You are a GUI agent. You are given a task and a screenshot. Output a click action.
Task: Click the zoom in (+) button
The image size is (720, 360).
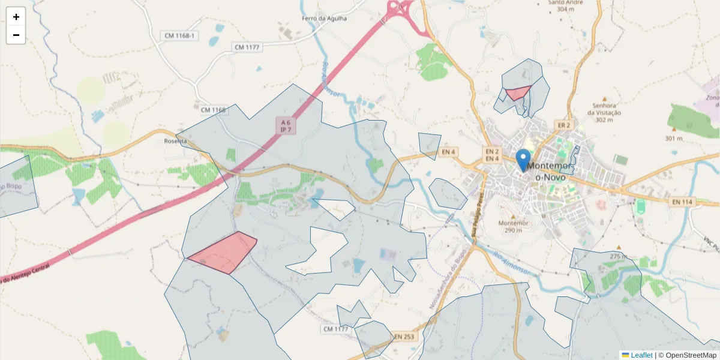[x=16, y=17]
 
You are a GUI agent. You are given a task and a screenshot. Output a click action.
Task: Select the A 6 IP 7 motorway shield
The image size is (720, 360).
[x=286, y=125]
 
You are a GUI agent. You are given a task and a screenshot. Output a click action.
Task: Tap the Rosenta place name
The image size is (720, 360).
[x=176, y=141]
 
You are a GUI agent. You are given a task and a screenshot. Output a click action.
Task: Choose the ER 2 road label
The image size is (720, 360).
[x=563, y=125]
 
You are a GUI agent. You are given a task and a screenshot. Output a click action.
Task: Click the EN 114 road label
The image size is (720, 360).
[x=682, y=202]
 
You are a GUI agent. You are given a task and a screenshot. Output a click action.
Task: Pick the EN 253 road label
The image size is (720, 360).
[x=404, y=337]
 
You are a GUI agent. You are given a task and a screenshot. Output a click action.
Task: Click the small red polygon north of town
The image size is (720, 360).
[x=518, y=93]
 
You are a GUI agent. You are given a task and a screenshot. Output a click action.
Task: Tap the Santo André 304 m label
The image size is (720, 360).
[x=566, y=5]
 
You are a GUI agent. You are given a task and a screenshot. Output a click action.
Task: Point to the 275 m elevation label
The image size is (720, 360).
[x=618, y=256]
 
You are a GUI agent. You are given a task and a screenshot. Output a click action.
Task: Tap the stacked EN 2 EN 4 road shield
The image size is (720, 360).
[x=492, y=155]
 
